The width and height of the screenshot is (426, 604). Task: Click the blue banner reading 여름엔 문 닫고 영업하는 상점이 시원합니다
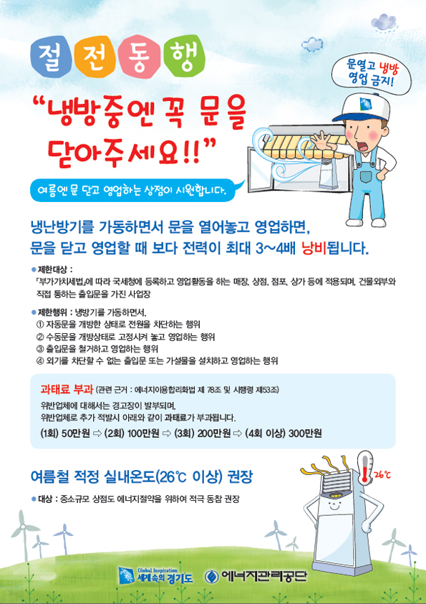click(132, 191)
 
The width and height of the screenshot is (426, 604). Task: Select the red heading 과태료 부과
click(67, 389)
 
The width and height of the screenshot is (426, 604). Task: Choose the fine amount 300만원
click(305, 433)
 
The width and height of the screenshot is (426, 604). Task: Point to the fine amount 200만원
click(213, 433)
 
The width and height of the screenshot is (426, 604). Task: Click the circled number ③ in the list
click(39, 349)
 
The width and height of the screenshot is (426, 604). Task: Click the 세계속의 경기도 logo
click(155, 575)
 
